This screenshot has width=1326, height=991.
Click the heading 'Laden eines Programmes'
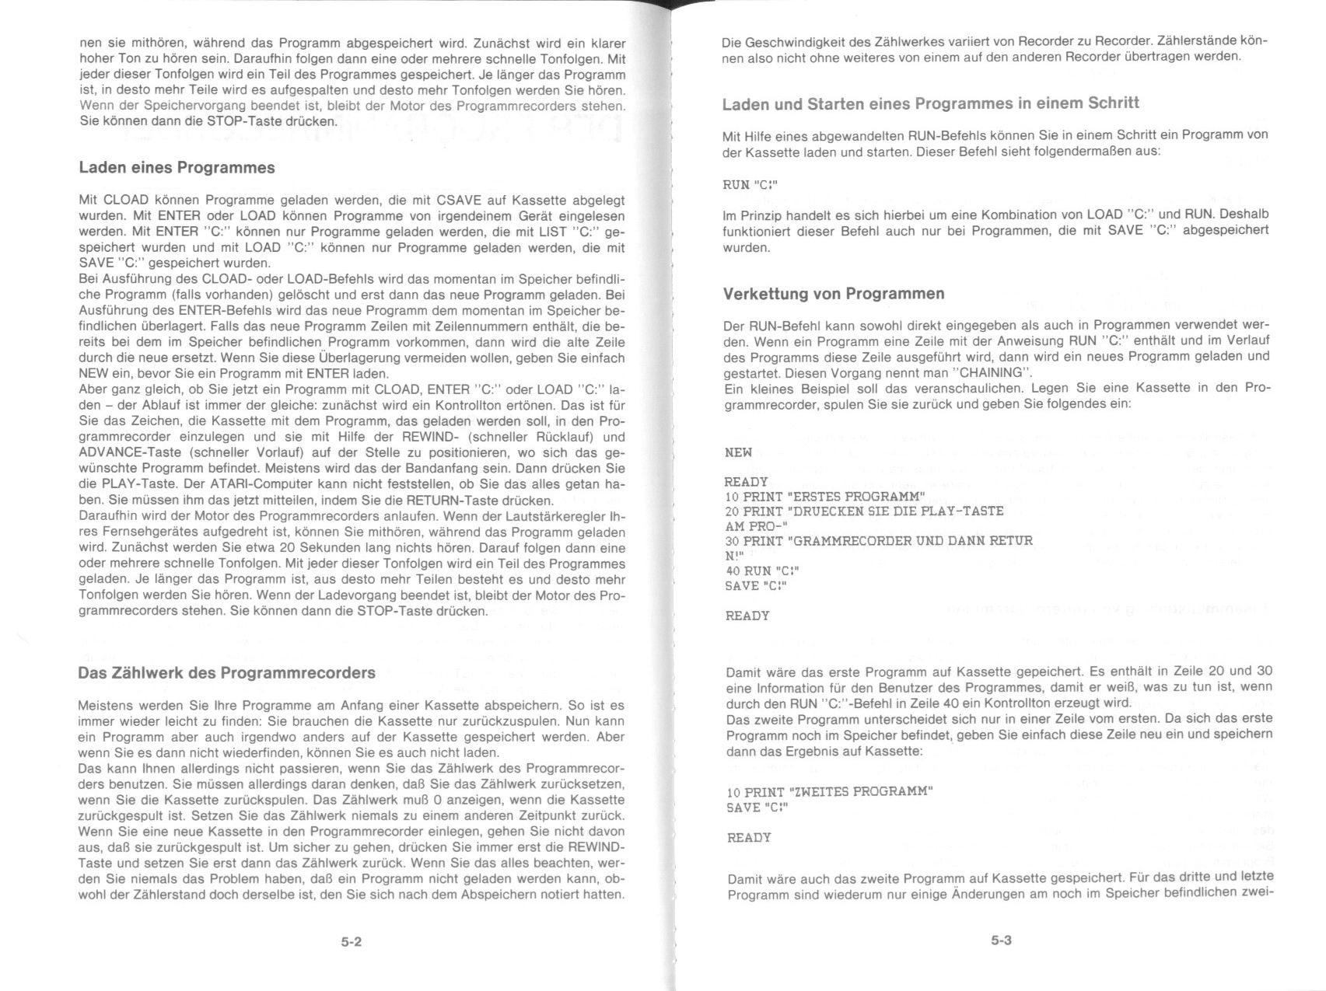[177, 168]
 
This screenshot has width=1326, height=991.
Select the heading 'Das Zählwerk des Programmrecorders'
[226, 673]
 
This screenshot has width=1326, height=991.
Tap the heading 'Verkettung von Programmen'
[834, 294]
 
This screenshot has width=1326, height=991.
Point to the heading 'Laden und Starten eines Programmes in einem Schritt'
[930, 103]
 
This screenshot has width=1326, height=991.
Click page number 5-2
[352, 942]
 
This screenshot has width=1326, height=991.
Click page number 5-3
[1001, 940]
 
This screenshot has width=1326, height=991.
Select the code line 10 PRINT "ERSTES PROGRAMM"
[824, 497]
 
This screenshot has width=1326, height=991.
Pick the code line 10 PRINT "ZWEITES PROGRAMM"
[829, 792]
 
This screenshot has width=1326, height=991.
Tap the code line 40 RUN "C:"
[761, 571]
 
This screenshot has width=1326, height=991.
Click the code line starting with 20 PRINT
[863, 511]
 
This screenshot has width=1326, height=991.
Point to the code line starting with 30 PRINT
[878, 541]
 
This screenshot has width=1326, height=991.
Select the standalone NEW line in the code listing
[738, 452]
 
